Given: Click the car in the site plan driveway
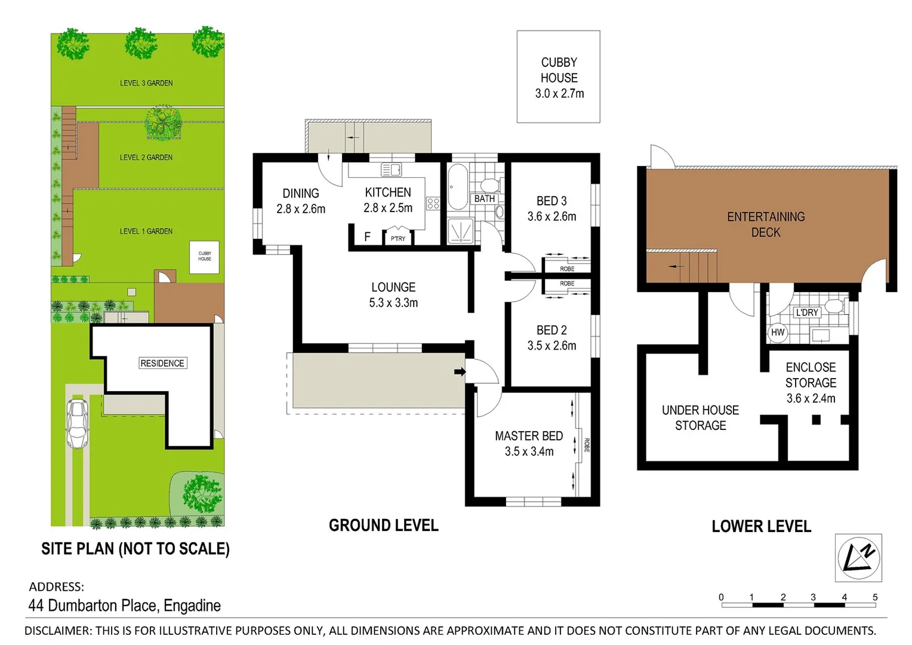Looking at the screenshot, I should (77, 423).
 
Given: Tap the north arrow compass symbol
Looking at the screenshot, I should (858, 558).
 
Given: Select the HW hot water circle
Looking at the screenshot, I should (778, 333).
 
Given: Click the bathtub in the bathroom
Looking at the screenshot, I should (458, 186).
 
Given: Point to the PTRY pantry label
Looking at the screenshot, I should (398, 238).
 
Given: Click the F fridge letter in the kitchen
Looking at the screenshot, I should (367, 237).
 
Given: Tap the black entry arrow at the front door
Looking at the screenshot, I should (460, 371).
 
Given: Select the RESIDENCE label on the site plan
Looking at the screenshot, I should (162, 363).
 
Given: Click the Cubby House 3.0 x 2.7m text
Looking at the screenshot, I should (559, 93).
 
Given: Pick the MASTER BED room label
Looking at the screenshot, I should (529, 436).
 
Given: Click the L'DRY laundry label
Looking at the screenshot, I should (807, 312).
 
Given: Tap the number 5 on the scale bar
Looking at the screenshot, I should (875, 597).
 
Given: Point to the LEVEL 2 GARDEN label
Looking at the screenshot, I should (146, 158).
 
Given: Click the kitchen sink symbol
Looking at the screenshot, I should (392, 170).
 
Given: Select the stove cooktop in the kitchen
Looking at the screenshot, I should (433, 204).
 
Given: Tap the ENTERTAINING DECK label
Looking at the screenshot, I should (766, 225).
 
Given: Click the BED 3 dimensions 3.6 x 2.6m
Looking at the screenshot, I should (551, 217).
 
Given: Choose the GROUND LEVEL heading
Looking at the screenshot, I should (384, 526).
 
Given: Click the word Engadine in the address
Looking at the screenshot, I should (192, 606).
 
